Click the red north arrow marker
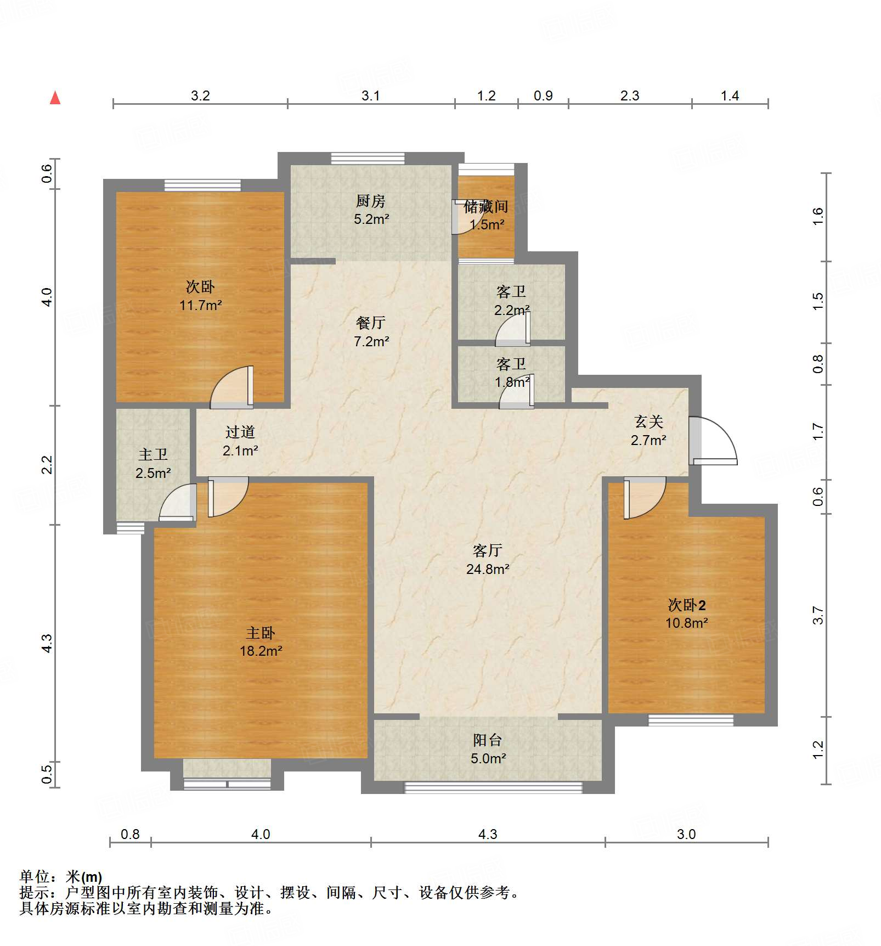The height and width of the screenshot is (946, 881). (55, 98)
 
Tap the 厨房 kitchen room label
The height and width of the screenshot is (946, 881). (371, 201)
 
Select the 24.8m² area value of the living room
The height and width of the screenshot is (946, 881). (487, 569)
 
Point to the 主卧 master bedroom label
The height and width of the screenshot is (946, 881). (261, 633)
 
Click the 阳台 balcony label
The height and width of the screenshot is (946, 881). (487, 740)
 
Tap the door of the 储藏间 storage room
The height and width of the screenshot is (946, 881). (462, 217)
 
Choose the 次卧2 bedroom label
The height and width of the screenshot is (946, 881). (686, 605)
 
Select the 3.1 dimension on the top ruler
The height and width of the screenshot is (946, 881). (370, 95)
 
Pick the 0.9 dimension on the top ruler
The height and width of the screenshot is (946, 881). (543, 95)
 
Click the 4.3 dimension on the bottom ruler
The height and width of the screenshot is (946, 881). (487, 835)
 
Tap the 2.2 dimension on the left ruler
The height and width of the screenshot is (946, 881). (47, 464)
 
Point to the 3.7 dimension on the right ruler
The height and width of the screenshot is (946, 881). (818, 615)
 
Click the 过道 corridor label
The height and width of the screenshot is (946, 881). (240, 432)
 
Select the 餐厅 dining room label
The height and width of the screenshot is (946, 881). (371, 323)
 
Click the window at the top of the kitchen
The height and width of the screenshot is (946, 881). (368, 158)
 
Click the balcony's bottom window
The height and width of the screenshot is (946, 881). (493, 787)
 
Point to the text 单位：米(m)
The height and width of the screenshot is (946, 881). (61, 876)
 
